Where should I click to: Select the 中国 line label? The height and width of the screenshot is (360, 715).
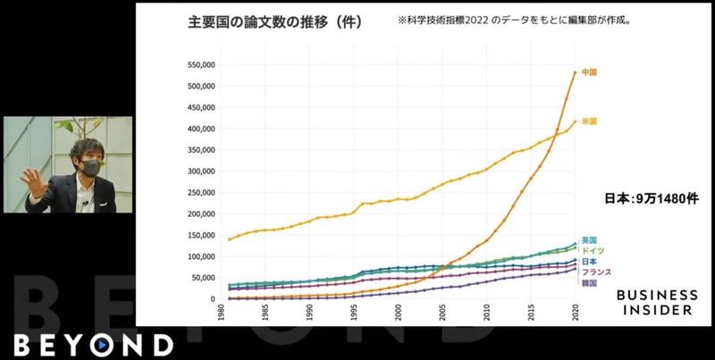click(x=589, y=71)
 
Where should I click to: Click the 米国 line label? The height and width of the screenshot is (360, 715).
click(x=589, y=121)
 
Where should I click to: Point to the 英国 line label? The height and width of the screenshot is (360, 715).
click(x=589, y=240)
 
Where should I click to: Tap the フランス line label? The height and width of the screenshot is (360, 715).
click(x=596, y=272)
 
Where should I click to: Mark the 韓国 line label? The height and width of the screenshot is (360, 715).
click(x=589, y=282)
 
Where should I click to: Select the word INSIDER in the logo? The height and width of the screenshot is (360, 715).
click(x=658, y=310)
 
